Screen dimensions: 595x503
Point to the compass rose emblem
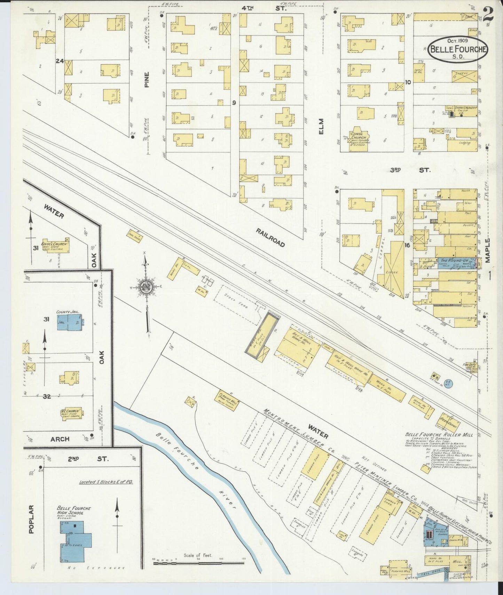click(x=147, y=288)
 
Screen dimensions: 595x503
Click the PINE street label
click(x=147, y=80)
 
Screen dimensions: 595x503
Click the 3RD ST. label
click(x=410, y=170)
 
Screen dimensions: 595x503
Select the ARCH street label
click(x=60, y=439)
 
